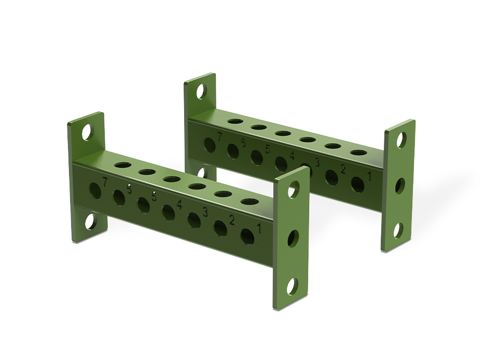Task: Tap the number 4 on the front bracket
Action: click(x=179, y=204)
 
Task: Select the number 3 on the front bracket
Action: click(x=205, y=212)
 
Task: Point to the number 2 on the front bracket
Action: click(x=231, y=220)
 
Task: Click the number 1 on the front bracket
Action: click(x=258, y=227)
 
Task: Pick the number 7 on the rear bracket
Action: click(x=219, y=137)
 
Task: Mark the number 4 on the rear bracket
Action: click(x=292, y=156)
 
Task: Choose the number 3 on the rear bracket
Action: click(x=317, y=163)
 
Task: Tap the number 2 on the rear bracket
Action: click(x=343, y=169)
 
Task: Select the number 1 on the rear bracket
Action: click(x=369, y=176)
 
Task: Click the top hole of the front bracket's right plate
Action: click(x=293, y=191)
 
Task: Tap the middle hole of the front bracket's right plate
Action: click(x=293, y=238)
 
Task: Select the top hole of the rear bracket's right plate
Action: click(x=401, y=139)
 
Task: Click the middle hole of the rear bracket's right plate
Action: click(x=400, y=185)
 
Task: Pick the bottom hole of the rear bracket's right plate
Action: click(x=398, y=230)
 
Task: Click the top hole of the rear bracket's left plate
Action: click(x=200, y=92)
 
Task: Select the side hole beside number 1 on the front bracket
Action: click(x=248, y=236)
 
